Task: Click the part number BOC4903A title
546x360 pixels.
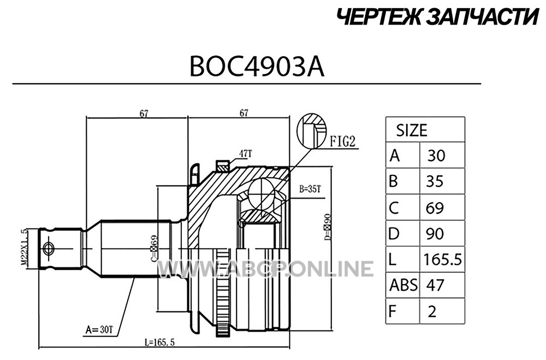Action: [x=257, y=67]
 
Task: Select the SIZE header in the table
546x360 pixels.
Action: [x=412, y=131]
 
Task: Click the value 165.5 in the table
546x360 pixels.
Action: [x=443, y=259]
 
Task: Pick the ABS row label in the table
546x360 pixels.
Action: [x=403, y=285]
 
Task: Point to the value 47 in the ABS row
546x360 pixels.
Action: [x=435, y=285]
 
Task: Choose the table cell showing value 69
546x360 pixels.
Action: [x=435, y=208]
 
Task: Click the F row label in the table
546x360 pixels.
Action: [x=393, y=311]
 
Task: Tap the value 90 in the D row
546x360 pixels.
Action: [x=435, y=233]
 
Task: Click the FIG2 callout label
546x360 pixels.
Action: [x=343, y=141]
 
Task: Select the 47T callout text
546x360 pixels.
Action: [x=246, y=153]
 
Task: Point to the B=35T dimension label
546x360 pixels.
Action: [x=310, y=190]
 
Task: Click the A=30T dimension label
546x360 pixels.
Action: [x=99, y=329]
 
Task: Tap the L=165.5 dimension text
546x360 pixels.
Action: [x=159, y=342]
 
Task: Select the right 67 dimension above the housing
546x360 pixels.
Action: [x=244, y=113]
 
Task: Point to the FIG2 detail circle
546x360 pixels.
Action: [x=312, y=131]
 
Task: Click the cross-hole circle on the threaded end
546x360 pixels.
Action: [x=48, y=249]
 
